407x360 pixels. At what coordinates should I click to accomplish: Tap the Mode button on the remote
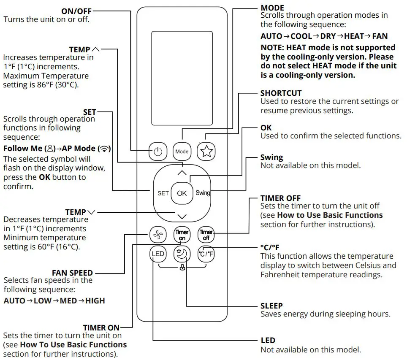tap(182, 151)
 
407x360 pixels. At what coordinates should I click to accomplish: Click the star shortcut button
tap(206, 151)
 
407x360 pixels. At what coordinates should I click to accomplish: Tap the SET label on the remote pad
tap(163, 193)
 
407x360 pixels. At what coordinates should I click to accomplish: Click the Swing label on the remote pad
tap(203, 193)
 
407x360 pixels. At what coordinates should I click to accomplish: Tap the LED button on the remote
tap(158, 254)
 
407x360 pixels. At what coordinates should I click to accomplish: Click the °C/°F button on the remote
tap(206, 254)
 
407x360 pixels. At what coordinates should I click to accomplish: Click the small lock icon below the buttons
tap(182, 267)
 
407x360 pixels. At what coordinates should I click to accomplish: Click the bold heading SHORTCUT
tap(281, 93)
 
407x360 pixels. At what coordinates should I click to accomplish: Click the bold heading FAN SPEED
tap(72, 273)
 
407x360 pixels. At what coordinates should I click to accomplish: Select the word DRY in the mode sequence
tap(328, 36)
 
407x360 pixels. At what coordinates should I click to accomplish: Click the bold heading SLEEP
tap(271, 306)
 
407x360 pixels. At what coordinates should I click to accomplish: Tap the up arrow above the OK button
tap(182, 173)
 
